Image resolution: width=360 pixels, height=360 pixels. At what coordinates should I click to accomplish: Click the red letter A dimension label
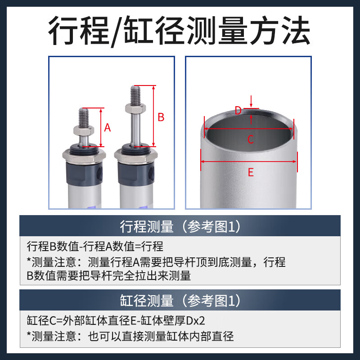tap(108, 127)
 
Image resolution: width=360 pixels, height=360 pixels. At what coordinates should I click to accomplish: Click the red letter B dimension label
tap(161, 117)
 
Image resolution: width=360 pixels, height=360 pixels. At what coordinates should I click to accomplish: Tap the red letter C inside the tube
tap(251, 139)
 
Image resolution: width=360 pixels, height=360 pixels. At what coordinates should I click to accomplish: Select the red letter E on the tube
tap(251, 172)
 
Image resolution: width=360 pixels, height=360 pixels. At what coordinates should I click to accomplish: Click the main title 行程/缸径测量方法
tap(180, 30)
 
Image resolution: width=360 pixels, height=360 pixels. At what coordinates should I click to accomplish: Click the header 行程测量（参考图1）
tap(180, 226)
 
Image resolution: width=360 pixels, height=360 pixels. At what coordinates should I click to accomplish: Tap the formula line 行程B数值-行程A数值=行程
tap(95, 247)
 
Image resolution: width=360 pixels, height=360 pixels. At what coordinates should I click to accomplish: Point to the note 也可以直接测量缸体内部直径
tap(130, 336)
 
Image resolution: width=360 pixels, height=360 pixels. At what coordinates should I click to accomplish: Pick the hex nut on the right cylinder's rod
tap(135, 108)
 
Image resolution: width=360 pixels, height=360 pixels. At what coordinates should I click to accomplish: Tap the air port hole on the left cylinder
tap(100, 172)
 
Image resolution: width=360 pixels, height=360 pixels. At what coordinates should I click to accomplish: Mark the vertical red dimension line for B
tap(154, 116)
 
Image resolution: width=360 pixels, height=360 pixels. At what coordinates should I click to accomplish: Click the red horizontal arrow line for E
tap(249, 161)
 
